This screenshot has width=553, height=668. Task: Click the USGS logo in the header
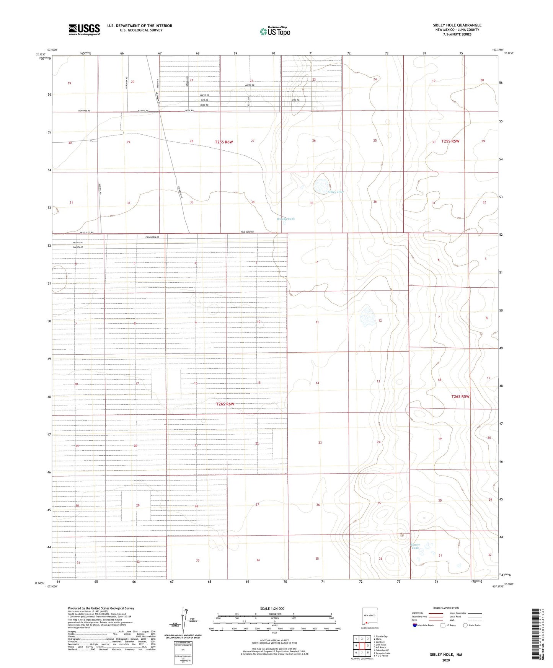click(84, 29)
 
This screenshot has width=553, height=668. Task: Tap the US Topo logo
click(275, 31)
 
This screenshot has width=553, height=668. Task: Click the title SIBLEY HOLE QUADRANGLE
click(457, 25)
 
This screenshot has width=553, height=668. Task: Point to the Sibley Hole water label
click(335, 192)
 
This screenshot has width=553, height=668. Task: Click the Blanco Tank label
click(415, 546)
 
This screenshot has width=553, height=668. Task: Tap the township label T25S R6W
click(224, 142)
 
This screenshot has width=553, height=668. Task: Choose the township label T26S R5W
click(460, 396)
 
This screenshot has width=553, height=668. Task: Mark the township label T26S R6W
click(225, 404)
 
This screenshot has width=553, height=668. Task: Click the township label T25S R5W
click(450, 141)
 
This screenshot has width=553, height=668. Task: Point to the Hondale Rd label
click(84, 111)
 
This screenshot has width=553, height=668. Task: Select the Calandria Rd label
click(152, 237)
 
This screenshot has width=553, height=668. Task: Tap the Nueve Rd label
click(205, 96)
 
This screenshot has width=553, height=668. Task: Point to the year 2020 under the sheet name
click(445, 660)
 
